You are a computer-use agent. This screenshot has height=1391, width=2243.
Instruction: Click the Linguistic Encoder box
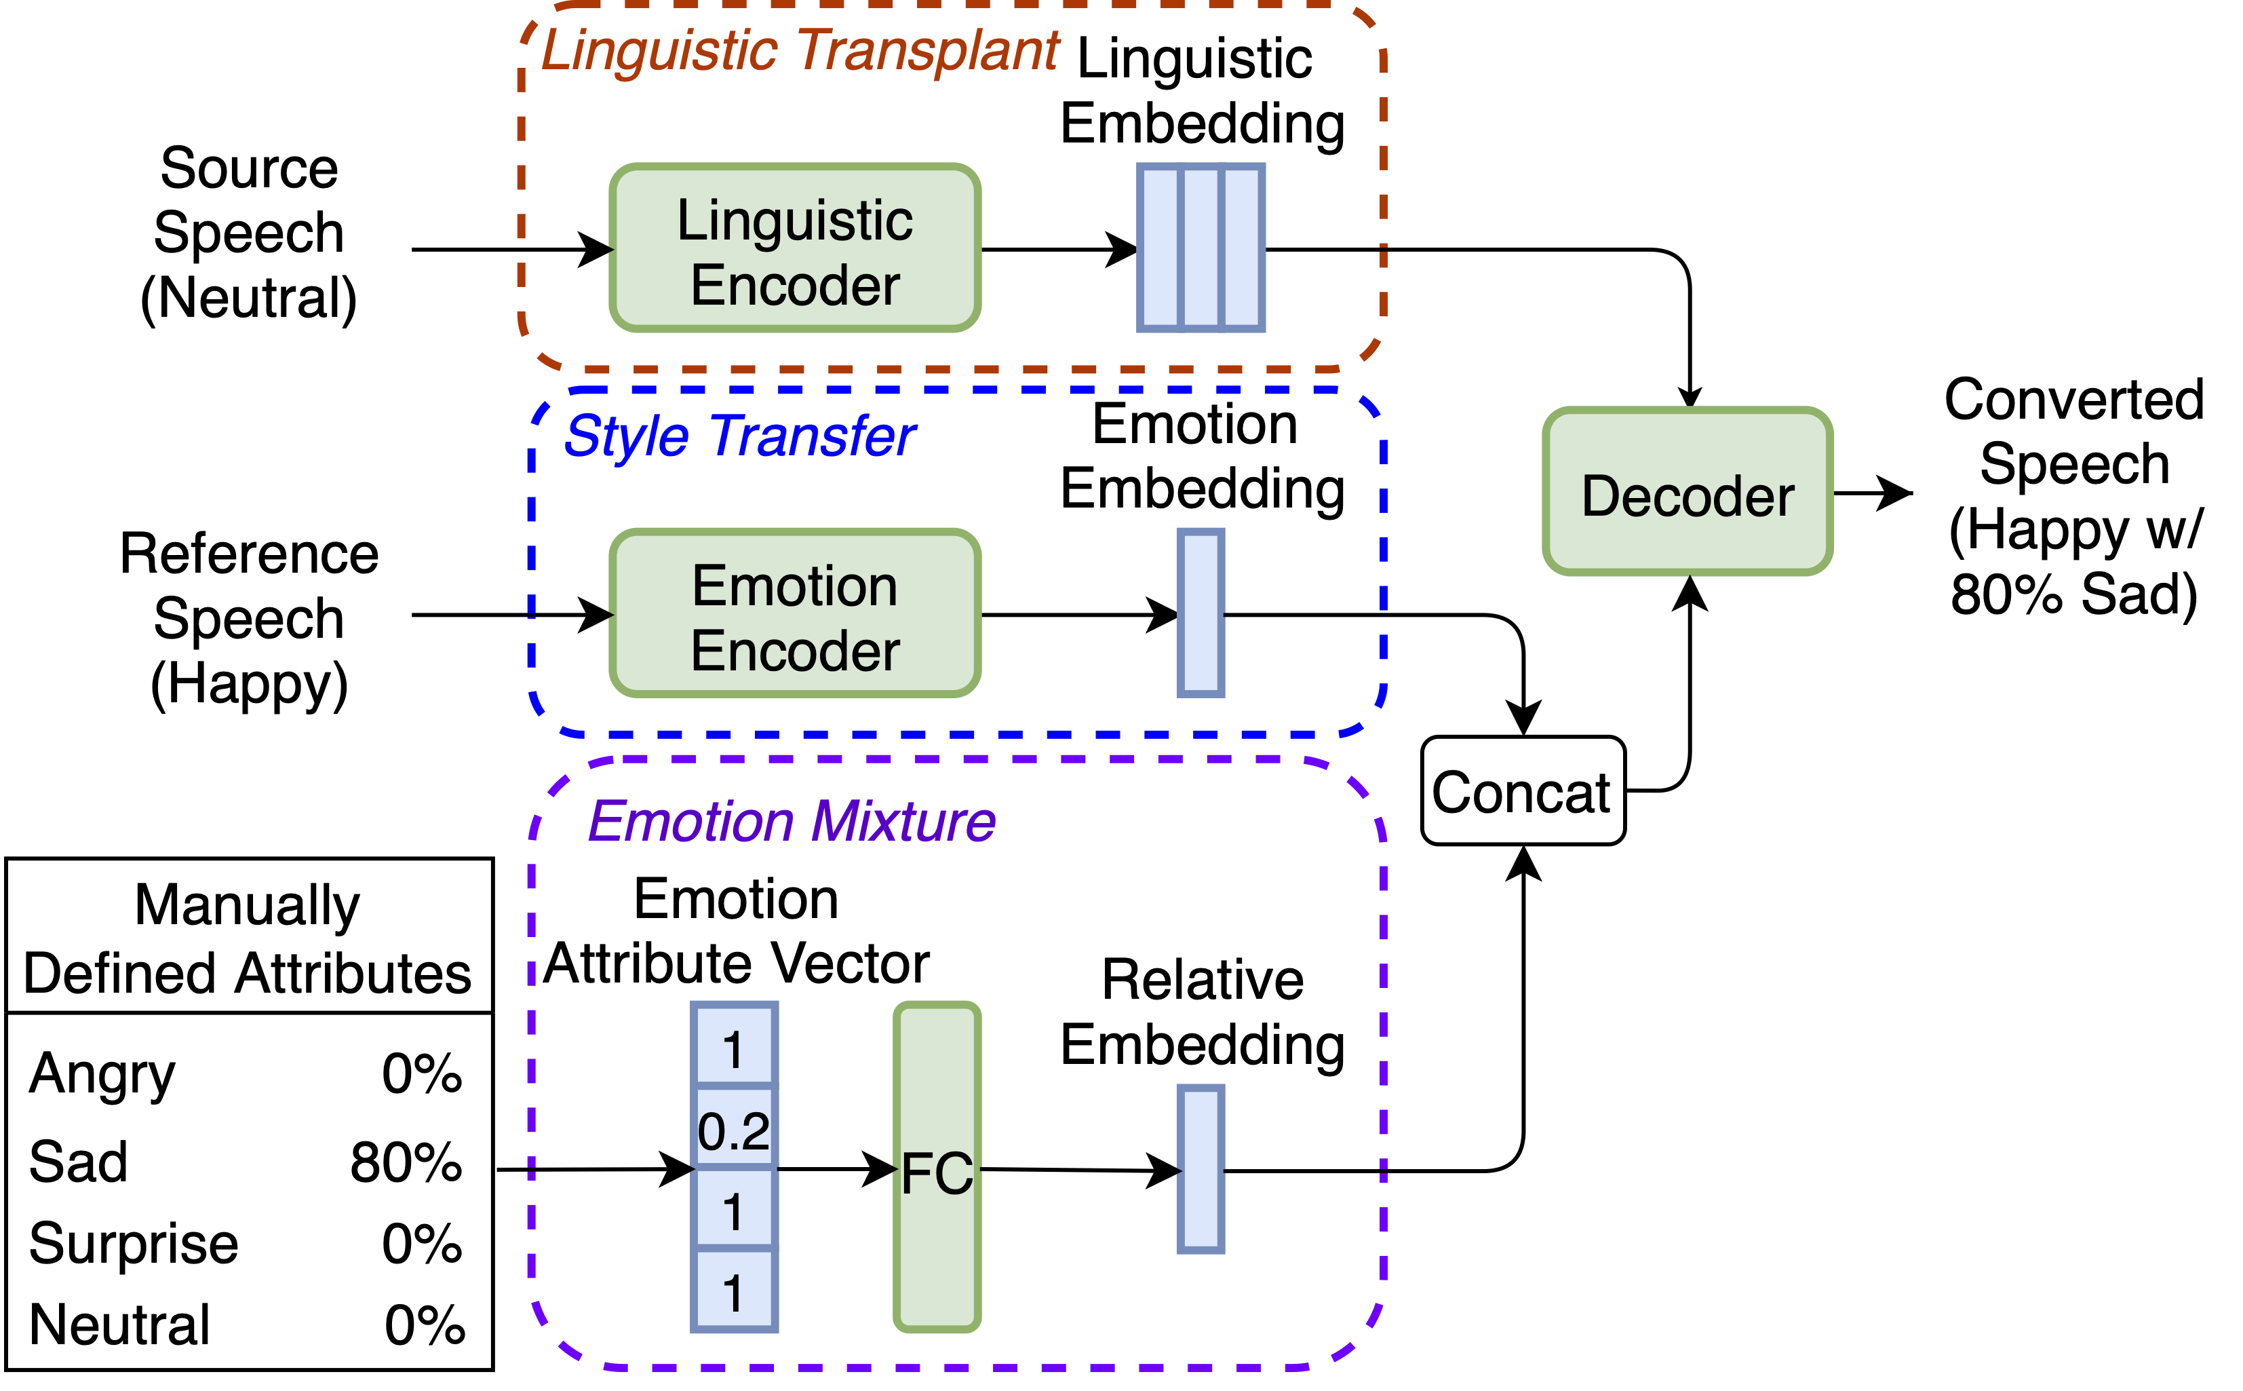click(794, 248)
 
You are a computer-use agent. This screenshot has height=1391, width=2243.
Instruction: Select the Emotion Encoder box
click(794, 613)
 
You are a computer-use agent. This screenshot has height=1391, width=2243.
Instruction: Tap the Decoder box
click(1687, 492)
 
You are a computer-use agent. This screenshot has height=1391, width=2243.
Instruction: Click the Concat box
click(1522, 790)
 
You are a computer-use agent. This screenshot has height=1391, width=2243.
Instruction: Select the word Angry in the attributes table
click(101, 1073)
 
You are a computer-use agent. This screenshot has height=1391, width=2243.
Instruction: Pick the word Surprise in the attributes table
click(134, 1243)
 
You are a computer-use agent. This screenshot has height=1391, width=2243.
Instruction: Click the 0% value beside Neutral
click(423, 1325)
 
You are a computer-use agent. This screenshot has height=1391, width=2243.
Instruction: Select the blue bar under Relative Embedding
click(1199, 1168)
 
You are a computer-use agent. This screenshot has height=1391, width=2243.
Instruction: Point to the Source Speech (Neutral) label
click(248, 232)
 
